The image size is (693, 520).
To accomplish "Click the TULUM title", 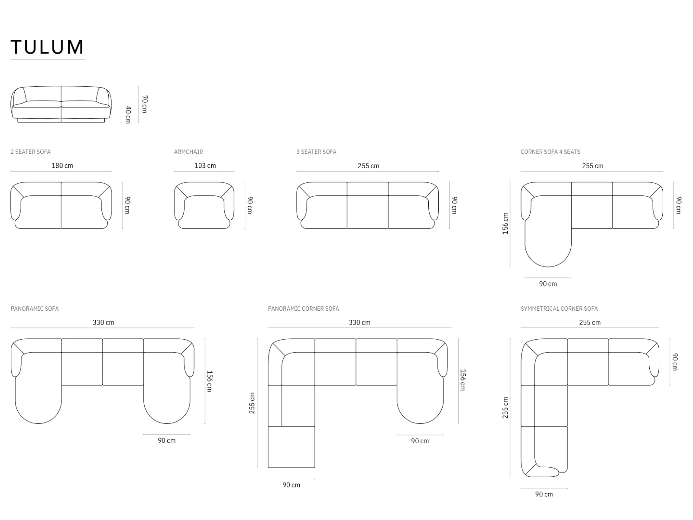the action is tap(47, 47).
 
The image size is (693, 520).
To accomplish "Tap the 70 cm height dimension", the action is tap(145, 104).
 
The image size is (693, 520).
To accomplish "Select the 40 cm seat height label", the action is tap(128, 115).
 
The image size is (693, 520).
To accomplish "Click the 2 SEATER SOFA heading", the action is tap(31, 152).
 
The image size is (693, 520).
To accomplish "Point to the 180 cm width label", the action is tap(62, 166).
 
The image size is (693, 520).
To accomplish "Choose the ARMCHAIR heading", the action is tap(188, 152).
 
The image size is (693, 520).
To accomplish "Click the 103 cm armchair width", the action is tap(205, 166).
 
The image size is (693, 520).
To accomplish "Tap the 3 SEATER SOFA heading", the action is tap(316, 152).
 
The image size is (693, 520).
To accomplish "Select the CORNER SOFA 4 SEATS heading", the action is tap(551, 152).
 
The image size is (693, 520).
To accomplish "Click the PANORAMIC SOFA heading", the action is tap(35, 309).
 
